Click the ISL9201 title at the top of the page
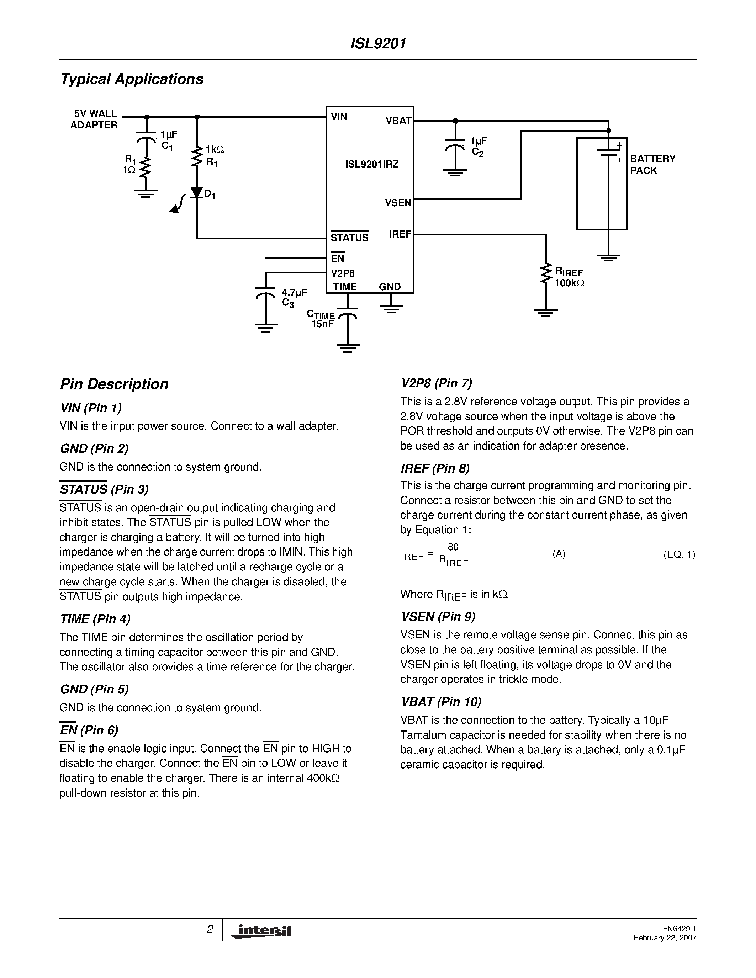click(x=378, y=43)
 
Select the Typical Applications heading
click(x=132, y=79)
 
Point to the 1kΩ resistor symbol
click(x=197, y=157)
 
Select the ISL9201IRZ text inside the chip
click(x=372, y=164)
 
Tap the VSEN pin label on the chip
click(x=398, y=203)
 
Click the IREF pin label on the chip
click(x=400, y=234)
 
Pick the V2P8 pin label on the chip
click(x=343, y=273)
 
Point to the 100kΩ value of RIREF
click(x=569, y=283)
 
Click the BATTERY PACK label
click(x=652, y=164)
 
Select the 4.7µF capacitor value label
click(x=294, y=293)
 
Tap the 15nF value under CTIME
click(x=322, y=324)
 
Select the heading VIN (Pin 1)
click(x=91, y=408)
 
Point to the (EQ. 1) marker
click(x=678, y=554)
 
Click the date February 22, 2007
click(x=665, y=938)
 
